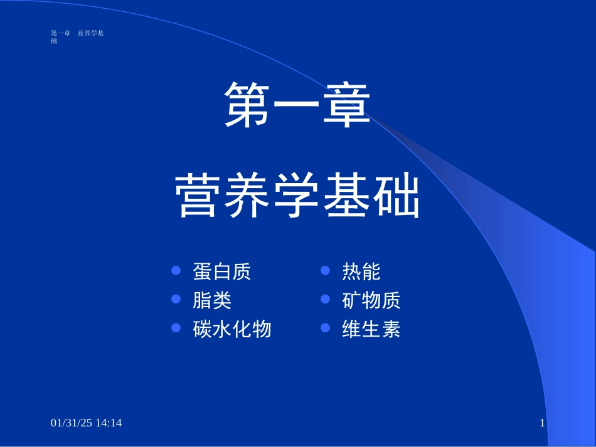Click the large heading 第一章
coord(297,105)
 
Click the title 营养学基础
coord(297,196)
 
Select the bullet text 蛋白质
coord(222,271)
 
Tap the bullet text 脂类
coord(212,300)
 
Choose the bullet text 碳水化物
coord(232,329)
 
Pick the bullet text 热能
coord(361,271)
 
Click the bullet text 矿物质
coord(371,300)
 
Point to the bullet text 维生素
coord(371,329)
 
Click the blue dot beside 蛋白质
coord(176,271)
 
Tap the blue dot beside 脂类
coord(176,300)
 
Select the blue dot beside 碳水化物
coord(176,328)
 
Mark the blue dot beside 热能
coord(325,271)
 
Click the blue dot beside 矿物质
coord(325,300)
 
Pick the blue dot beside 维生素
coord(325,328)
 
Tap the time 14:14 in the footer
coord(109,423)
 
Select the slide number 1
coord(542,424)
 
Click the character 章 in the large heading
coord(346,105)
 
